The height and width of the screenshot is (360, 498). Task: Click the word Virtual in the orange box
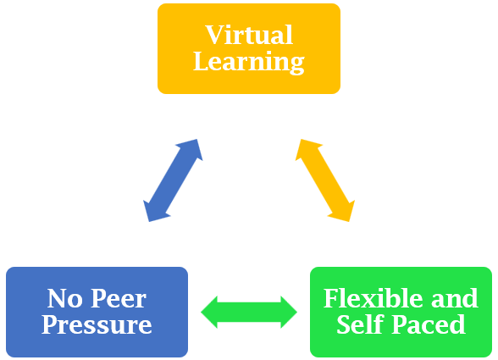(249, 35)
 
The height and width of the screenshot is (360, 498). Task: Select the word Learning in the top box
(249, 62)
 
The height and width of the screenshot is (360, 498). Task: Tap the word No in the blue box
(64, 298)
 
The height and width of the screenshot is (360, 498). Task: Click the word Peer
(119, 298)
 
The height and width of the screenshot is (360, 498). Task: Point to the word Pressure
(97, 324)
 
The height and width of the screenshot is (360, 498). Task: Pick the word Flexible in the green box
(373, 298)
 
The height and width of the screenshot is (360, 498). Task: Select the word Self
(361, 324)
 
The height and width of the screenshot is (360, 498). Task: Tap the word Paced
(429, 324)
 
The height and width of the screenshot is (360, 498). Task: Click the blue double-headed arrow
(173, 180)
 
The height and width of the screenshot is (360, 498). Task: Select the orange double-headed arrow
(325, 180)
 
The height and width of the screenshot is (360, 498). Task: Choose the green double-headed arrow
(249, 312)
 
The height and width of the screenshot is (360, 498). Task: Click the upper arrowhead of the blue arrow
(191, 148)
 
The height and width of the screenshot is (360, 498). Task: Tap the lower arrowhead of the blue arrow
(155, 212)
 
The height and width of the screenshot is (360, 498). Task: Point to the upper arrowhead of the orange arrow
(307, 148)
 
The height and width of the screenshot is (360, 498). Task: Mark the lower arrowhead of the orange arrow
(343, 212)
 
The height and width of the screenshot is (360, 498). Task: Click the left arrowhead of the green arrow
(209, 312)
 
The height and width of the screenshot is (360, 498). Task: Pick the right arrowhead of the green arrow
(289, 312)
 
